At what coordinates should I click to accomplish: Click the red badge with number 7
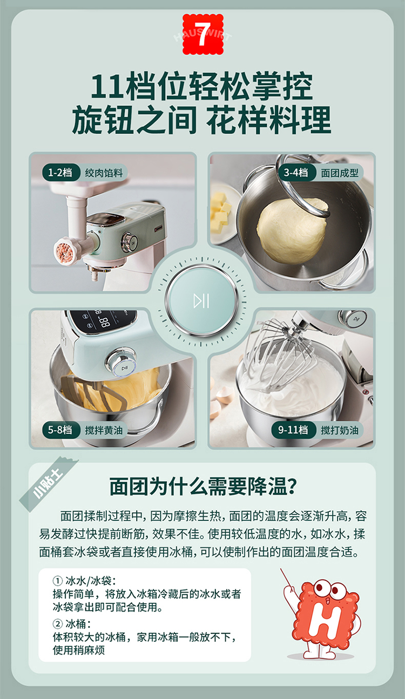coord(203,35)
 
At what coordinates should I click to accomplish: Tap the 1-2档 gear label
coord(60,172)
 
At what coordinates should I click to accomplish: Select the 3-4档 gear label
coord(296,172)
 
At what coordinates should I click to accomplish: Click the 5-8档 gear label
coord(60,430)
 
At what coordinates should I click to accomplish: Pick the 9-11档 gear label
coord(293,430)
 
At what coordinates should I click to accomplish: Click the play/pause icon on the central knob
coord(201,301)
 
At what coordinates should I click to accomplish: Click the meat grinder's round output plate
coord(65,251)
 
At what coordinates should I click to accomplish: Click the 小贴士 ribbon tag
coord(48,483)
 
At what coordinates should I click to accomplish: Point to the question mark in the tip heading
coord(292,486)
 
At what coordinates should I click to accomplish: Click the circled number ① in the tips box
coord(57,581)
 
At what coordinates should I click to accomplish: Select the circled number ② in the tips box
coord(57,624)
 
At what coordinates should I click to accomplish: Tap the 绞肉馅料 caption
coord(104,173)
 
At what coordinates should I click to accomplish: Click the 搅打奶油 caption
coord(340,430)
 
